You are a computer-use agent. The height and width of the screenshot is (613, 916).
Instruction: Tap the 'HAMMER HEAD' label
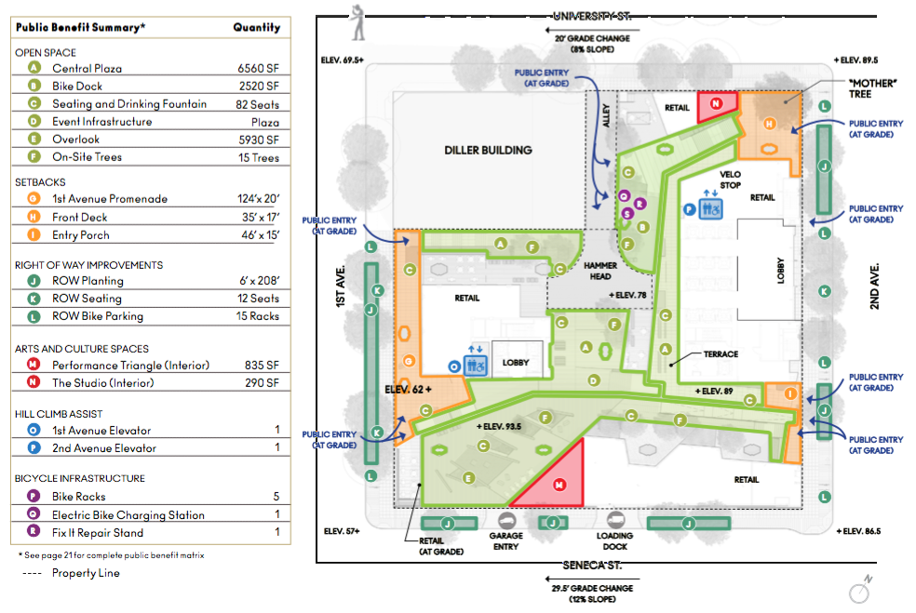[x=601, y=271]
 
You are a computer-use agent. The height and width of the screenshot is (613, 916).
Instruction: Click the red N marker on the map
[x=716, y=105]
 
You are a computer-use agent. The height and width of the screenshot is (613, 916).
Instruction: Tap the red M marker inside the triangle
[x=559, y=485]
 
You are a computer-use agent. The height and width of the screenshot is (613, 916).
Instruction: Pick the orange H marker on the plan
[x=769, y=125]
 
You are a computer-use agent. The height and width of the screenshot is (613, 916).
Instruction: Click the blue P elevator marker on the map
[x=690, y=209]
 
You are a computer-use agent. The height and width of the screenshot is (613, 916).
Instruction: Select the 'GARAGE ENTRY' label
[x=505, y=541]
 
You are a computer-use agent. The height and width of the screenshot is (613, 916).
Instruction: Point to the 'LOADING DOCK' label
[x=614, y=541]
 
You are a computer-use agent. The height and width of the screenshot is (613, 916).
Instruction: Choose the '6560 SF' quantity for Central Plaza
[x=259, y=69]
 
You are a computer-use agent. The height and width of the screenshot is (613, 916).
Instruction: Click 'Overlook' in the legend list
[x=76, y=140]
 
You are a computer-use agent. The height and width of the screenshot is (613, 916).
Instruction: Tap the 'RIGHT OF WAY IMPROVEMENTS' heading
[x=89, y=265]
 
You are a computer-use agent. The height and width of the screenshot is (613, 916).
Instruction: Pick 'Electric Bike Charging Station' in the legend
[x=128, y=514]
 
